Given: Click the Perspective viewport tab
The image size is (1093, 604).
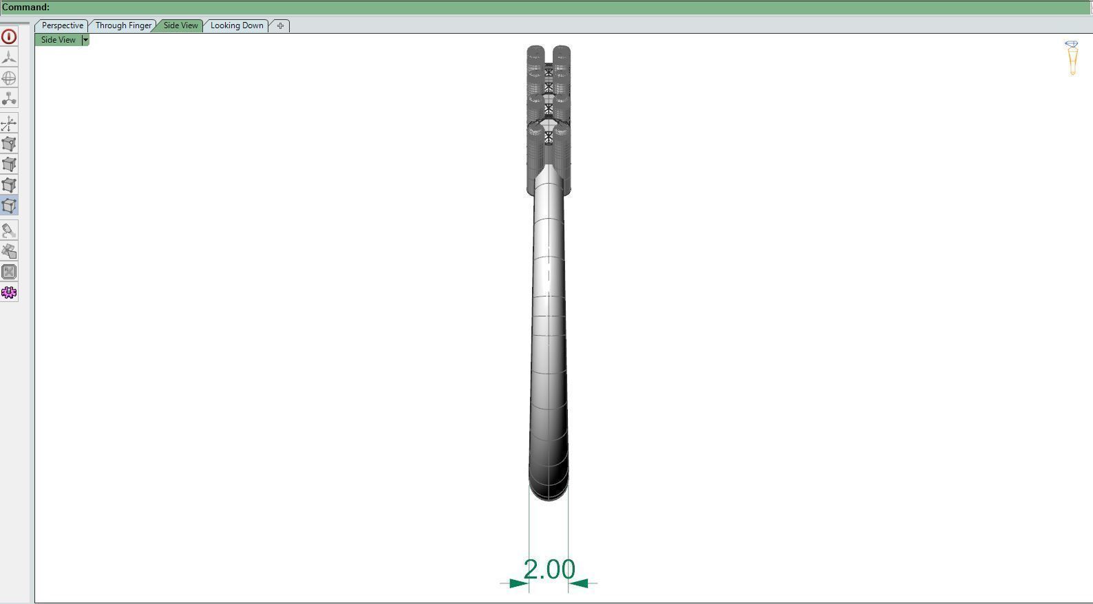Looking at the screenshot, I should tap(62, 25).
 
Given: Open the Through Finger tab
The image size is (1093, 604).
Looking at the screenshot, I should tap(123, 25).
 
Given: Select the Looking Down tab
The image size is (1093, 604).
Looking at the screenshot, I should tap(237, 25).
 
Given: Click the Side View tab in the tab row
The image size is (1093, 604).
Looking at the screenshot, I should tap(180, 25).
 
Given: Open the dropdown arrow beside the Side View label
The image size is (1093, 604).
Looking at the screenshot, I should tap(85, 40).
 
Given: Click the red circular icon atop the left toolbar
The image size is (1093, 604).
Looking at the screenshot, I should tap(9, 36).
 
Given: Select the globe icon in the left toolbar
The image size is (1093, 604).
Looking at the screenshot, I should tap(9, 78).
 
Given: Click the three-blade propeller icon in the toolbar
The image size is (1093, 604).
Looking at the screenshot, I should tap(9, 57).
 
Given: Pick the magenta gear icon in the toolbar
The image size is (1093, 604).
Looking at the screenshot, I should tap(9, 292).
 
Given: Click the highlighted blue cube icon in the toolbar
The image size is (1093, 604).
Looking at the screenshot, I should tap(9, 206).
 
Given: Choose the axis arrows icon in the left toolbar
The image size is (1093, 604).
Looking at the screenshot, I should tap(9, 123).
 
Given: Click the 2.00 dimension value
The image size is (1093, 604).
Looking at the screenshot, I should tap(549, 570).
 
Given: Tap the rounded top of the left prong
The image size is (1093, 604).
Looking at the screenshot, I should tap(535, 50).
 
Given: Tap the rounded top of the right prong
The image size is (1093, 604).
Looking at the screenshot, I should tap(562, 50).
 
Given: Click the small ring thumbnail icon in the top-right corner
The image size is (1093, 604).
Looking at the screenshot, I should tap(1072, 57).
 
